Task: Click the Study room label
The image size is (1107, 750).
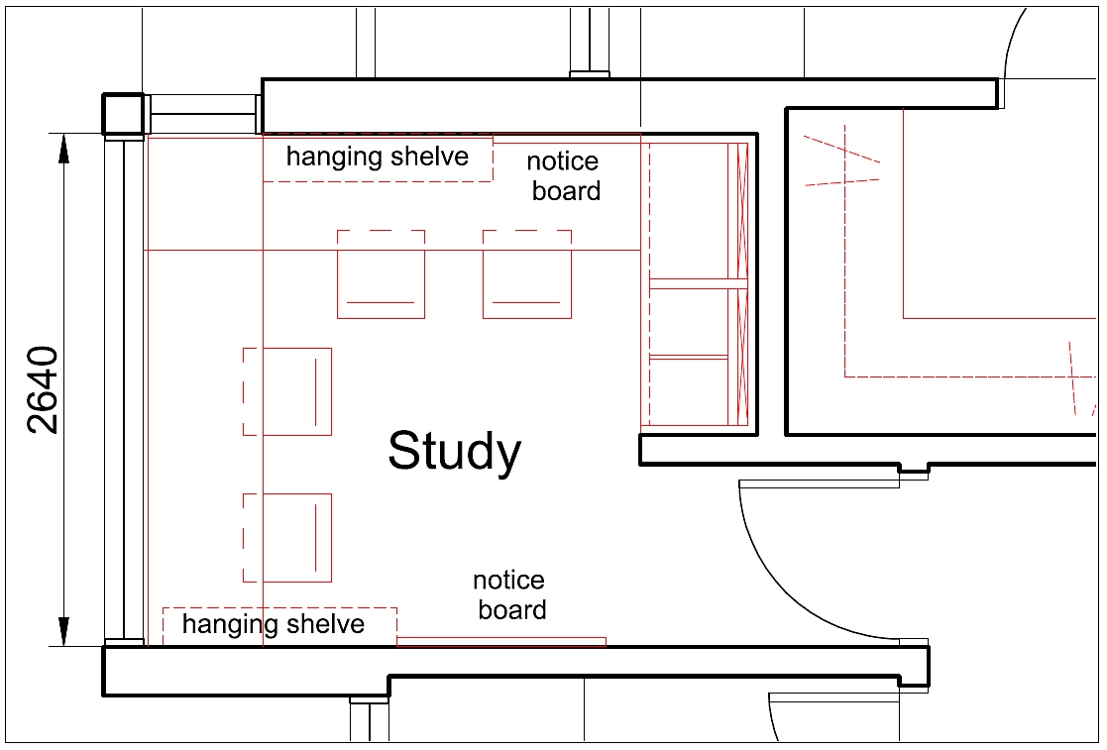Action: click(x=454, y=453)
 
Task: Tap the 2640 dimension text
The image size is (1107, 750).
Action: click(x=43, y=389)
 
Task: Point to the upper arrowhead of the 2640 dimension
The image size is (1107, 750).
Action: click(x=64, y=148)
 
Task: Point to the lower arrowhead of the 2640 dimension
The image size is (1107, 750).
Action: click(x=64, y=631)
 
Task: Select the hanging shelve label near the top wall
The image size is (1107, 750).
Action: click(x=377, y=158)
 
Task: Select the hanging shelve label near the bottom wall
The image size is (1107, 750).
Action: click(x=274, y=625)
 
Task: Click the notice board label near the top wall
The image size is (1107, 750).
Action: click(x=564, y=176)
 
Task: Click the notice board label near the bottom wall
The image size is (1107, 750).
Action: click(x=510, y=595)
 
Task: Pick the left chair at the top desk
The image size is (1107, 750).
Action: click(x=381, y=274)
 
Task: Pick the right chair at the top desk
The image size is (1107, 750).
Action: click(x=526, y=274)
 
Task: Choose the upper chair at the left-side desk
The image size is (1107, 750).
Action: click(x=287, y=391)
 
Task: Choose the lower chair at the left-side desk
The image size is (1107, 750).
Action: click(x=287, y=537)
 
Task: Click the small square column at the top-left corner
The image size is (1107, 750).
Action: click(x=124, y=113)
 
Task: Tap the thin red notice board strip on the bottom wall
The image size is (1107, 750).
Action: click(x=500, y=642)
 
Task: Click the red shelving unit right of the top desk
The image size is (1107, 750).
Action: click(x=696, y=284)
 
